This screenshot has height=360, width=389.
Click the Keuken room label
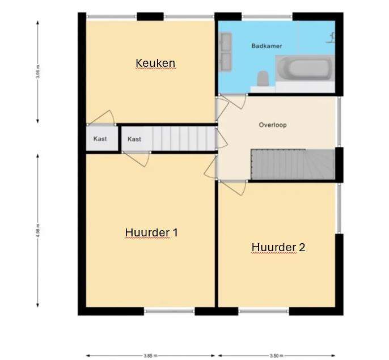[155, 62]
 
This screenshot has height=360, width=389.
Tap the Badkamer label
[267, 46]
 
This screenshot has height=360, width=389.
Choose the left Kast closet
[100, 139]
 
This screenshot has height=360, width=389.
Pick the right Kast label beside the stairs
[134, 139]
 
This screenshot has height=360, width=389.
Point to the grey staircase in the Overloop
[292, 164]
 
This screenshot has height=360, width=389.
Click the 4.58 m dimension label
[37, 231]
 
